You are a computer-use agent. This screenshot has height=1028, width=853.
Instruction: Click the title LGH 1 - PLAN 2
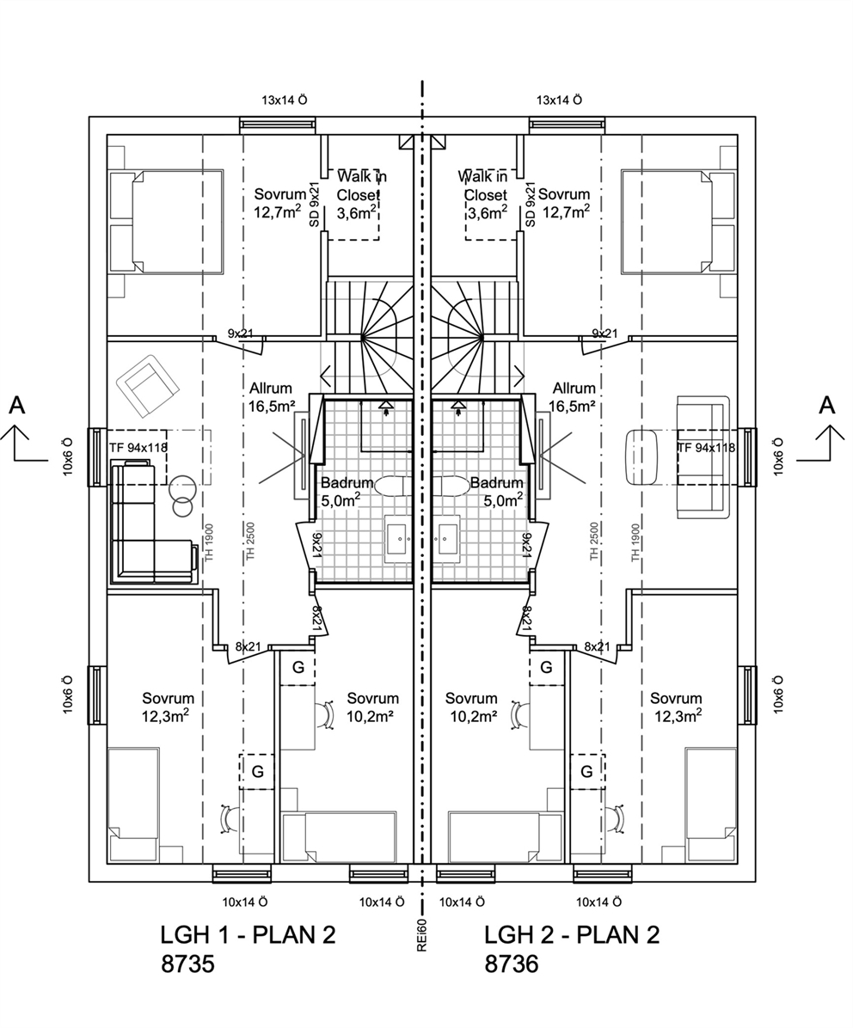[x=248, y=935]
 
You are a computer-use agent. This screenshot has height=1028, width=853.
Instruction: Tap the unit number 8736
[x=512, y=964]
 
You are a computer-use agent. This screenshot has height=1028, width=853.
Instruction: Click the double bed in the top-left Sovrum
[x=167, y=221]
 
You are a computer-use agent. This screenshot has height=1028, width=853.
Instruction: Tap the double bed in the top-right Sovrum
[x=679, y=221]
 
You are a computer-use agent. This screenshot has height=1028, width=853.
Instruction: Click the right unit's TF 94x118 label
[x=705, y=449]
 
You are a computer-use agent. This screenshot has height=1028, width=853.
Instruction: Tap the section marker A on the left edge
[x=17, y=406]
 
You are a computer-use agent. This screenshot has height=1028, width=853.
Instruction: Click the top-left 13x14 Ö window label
[x=285, y=101]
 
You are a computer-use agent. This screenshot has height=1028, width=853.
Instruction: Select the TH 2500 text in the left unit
[x=250, y=542]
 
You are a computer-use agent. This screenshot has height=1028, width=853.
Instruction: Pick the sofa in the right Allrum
[x=703, y=456]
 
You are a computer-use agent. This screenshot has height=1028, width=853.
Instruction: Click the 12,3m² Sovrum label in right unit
[x=678, y=717]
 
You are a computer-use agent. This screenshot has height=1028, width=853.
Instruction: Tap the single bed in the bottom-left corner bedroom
[x=134, y=805]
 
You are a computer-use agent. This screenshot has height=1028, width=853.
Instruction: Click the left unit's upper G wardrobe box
[x=298, y=668]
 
